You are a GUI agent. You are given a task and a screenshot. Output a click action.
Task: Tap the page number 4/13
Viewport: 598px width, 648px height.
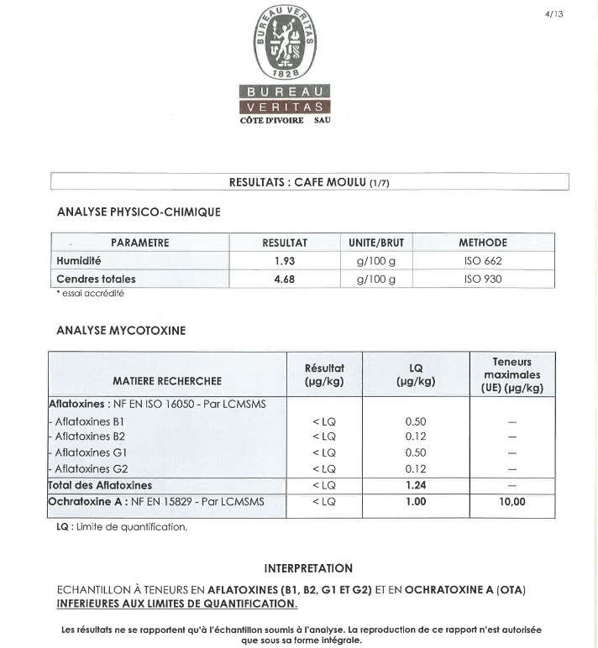[x=553, y=13]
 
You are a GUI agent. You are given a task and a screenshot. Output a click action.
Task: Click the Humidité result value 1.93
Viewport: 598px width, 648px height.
[x=285, y=261]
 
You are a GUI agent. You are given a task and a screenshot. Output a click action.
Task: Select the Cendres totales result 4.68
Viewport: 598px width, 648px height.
[x=285, y=279]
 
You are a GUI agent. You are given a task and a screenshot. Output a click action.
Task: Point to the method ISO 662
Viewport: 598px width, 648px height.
[x=482, y=261]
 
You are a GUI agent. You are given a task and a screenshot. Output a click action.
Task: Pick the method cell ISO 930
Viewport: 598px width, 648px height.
[x=482, y=279]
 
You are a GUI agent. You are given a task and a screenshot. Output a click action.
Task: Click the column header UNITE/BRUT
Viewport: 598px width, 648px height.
[x=375, y=243]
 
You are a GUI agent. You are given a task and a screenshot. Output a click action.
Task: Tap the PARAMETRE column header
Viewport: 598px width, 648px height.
[x=139, y=243]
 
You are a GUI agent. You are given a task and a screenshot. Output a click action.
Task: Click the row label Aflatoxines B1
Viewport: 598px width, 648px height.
[x=89, y=421]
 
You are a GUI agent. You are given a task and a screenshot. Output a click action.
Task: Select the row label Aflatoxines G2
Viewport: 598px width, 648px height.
[x=91, y=468]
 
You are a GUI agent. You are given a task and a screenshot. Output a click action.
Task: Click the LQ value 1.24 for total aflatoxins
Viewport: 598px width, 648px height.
[x=415, y=485]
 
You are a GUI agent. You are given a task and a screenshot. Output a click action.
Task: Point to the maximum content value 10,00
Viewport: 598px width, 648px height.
[x=511, y=501]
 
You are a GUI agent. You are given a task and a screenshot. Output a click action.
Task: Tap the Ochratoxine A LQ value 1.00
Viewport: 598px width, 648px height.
[x=415, y=501]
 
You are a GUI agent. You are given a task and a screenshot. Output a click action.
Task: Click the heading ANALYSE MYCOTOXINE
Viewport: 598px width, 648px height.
[x=121, y=331]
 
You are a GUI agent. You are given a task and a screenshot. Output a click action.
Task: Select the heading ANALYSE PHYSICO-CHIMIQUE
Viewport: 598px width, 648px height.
[x=138, y=212]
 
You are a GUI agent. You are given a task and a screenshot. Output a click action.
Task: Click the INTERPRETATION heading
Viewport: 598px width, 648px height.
[x=308, y=568]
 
